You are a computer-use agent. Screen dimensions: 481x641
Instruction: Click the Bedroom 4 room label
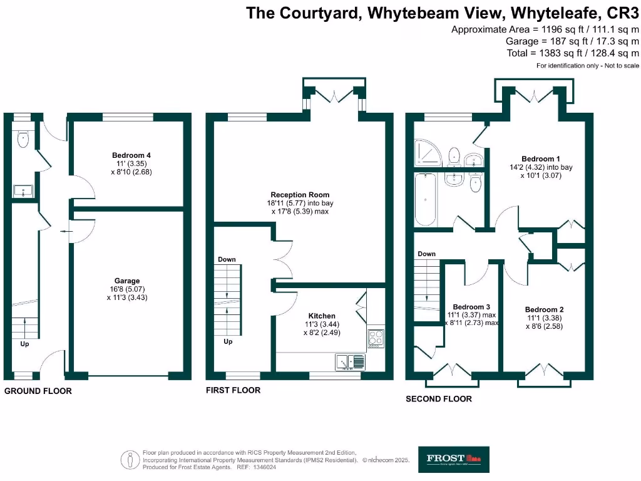[x=131, y=155]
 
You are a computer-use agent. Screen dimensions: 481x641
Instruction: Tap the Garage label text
[x=127, y=281]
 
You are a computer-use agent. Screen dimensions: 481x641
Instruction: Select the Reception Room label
[x=300, y=195]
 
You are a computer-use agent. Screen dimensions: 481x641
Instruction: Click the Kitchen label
[x=322, y=316]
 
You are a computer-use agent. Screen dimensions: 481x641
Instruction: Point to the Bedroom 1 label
[x=539, y=159]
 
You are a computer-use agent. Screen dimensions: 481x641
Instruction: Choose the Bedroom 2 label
[x=545, y=309]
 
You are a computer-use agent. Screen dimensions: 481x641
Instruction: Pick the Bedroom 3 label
[x=471, y=306]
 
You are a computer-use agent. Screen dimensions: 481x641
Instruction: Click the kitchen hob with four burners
[x=376, y=338]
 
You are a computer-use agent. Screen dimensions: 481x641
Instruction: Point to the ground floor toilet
[x=23, y=140]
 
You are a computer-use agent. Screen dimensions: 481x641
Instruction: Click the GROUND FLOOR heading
[x=38, y=391]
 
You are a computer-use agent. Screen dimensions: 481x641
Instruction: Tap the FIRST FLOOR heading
[x=233, y=390]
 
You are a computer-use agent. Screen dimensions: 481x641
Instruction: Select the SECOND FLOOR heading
[x=439, y=398]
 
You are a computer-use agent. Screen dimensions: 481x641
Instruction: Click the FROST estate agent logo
[x=454, y=459]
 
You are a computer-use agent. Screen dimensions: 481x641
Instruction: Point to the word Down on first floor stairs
[x=227, y=259]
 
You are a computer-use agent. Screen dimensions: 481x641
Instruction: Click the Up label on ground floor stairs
[x=24, y=343]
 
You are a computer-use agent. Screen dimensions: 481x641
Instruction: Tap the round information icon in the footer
[x=131, y=460]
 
